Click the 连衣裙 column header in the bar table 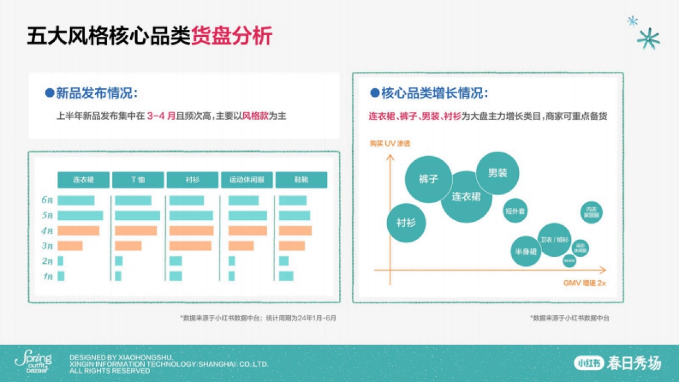point(83,180)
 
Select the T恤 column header point(137,180)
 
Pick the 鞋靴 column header point(301,180)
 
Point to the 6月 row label point(48,200)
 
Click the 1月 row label point(48,276)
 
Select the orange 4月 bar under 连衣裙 point(78,231)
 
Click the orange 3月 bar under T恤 point(128,246)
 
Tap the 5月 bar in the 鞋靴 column point(294,216)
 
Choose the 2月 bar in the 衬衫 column point(175,261)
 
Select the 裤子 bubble point(428,179)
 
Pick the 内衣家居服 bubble point(590,213)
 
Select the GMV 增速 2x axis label point(584,282)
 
